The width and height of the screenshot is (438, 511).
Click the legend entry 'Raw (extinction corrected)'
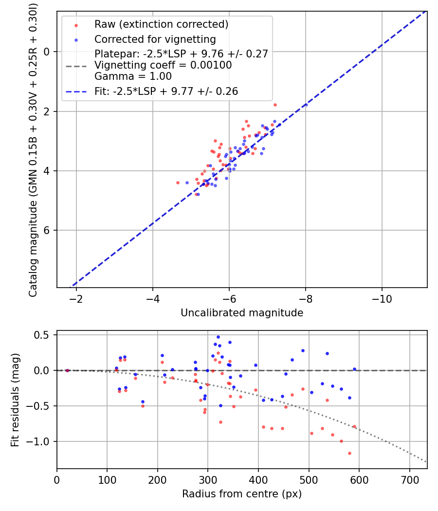point(161,24)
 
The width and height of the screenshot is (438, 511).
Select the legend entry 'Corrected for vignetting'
point(155,39)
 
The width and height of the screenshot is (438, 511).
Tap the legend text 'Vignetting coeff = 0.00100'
point(163,65)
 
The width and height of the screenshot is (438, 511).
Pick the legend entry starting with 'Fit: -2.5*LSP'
point(166,91)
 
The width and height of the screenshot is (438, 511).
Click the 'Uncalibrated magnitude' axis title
point(242,313)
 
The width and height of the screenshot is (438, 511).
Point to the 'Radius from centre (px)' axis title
point(242,494)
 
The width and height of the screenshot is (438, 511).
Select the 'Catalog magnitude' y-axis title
point(33,148)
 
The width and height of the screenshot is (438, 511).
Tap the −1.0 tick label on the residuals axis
point(41,441)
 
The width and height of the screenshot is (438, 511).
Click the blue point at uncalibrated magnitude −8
point(306,105)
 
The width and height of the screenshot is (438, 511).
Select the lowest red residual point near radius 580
point(349,453)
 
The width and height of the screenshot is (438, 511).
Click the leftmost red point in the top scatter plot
point(178,182)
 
